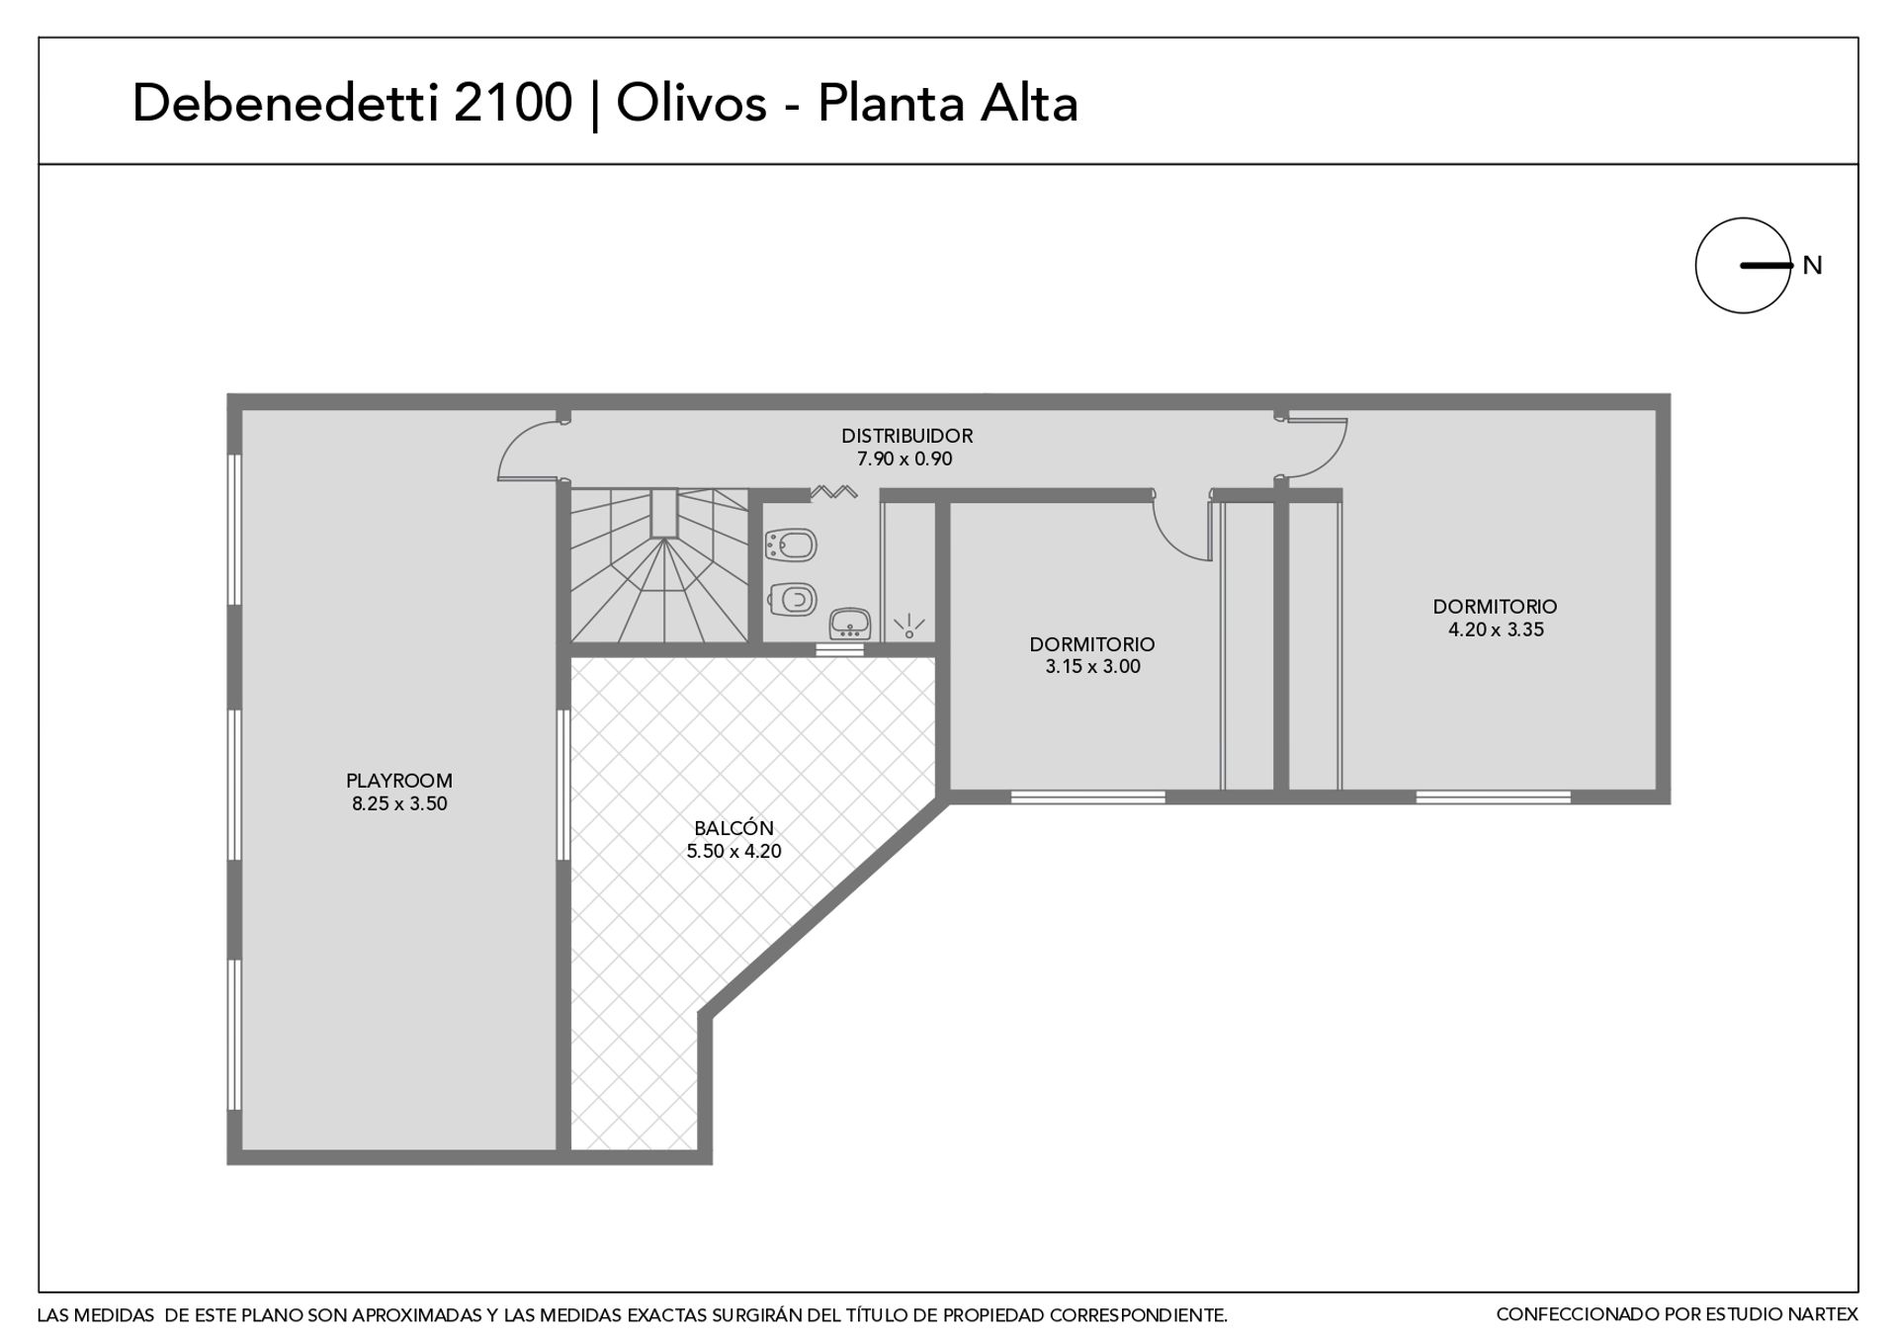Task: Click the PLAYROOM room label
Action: click(x=399, y=781)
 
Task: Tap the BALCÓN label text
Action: click(x=733, y=828)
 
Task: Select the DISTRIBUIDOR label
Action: click(x=906, y=436)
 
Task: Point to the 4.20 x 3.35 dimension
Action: click(x=1496, y=629)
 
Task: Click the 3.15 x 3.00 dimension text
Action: click(x=1092, y=667)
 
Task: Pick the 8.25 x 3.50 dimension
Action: click(x=399, y=803)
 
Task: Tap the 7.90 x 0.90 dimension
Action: click(x=905, y=459)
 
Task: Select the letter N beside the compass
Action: click(x=1812, y=265)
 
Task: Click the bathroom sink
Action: click(x=849, y=624)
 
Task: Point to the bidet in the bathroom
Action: click(x=791, y=545)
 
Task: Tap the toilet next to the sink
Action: click(x=791, y=597)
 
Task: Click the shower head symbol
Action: click(x=908, y=627)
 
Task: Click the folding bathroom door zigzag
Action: click(x=833, y=491)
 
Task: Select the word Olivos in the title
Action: click(x=692, y=103)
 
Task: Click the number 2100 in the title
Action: click(x=513, y=103)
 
